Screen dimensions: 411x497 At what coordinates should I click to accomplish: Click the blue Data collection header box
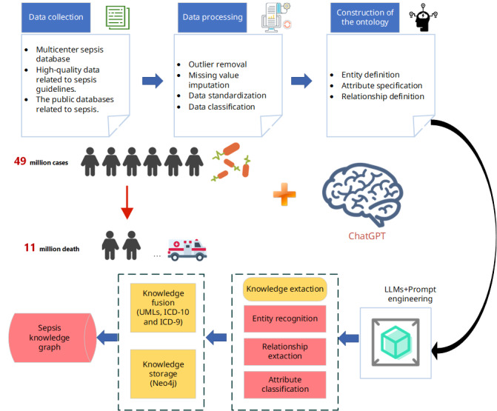click(x=56, y=16)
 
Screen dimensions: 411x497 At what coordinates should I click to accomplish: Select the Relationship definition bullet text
click(x=382, y=96)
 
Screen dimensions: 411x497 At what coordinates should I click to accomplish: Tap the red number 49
click(x=21, y=161)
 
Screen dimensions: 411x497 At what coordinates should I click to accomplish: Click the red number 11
click(x=30, y=248)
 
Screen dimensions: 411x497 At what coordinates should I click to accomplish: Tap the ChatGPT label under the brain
click(x=368, y=237)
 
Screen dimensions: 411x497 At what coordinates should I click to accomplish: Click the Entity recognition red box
click(x=286, y=319)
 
